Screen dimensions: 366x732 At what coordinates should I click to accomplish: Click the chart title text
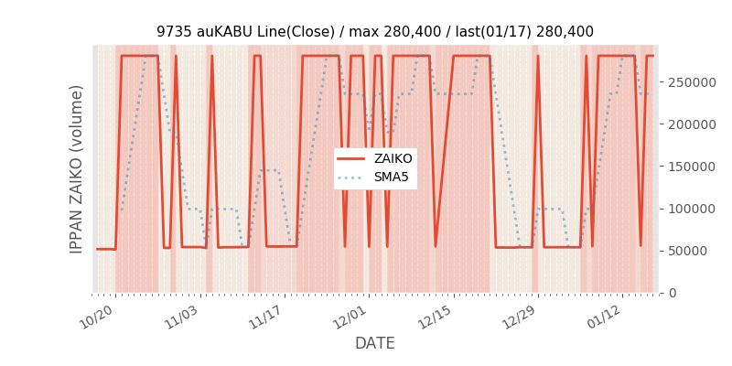pyautogui.click(x=375, y=31)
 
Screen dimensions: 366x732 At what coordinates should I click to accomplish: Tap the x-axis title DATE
pyautogui.click(x=375, y=343)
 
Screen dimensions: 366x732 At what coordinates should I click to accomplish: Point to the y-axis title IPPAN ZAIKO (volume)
pyautogui.click(x=77, y=168)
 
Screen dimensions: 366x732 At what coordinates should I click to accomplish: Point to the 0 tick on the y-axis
pyautogui.click(x=672, y=293)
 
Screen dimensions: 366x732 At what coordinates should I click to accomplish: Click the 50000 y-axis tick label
pyautogui.click(x=688, y=251)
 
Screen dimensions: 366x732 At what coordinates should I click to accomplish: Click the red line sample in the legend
pyautogui.click(x=350, y=158)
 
